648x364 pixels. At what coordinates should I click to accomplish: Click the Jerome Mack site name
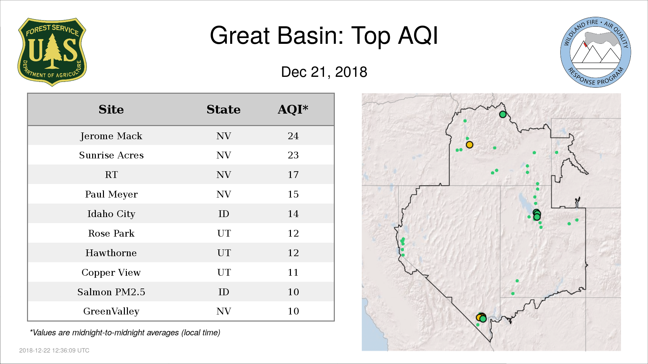(x=111, y=136)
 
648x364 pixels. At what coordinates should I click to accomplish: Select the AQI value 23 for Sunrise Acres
(x=293, y=155)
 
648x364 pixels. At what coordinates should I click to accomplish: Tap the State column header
(x=223, y=110)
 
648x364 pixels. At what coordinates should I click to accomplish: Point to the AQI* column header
(x=293, y=109)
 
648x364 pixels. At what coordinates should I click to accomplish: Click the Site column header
(x=111, y=110)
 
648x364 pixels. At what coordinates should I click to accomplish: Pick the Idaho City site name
(x=111, y=214)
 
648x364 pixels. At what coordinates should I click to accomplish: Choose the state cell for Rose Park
(x=224, y=233)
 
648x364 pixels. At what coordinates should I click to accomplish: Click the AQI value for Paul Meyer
(x=293, y=194)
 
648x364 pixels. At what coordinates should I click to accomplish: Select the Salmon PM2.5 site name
(x=111, y=292)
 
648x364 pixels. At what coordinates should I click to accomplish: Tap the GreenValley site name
(x=111, y=311)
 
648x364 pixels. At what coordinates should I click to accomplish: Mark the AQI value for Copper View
(x=293, y=272)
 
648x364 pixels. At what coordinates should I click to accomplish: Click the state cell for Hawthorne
(x=224, y=253)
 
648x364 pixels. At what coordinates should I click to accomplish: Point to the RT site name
(x=111, y=175)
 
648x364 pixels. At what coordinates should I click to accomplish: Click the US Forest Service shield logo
(x=52, y=52)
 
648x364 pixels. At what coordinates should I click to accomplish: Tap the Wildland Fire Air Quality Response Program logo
(x=595, y=52)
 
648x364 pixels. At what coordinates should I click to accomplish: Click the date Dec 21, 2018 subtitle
(x=324, y=72)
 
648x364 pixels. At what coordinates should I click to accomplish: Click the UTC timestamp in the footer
(x=54, y=351)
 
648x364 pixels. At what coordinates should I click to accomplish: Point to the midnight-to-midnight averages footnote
(x=125, y=333)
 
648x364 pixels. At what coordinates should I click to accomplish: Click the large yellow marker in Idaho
(x=469, y=145)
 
